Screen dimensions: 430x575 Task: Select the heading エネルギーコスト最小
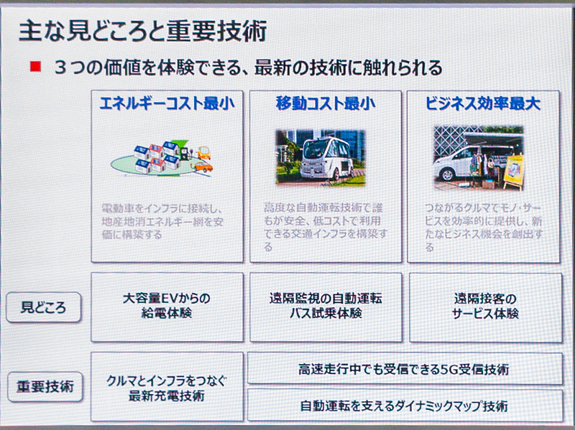(167, 103)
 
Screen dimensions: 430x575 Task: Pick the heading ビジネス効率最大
(483, 103)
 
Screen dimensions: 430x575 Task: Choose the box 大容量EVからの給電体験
(167, 307)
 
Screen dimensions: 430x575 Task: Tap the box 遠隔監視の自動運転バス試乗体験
(325, 307)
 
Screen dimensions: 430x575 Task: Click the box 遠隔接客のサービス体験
(485, 307)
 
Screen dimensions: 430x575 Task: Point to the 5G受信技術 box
(404, 370)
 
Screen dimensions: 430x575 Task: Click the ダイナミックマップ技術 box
(404, 405)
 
